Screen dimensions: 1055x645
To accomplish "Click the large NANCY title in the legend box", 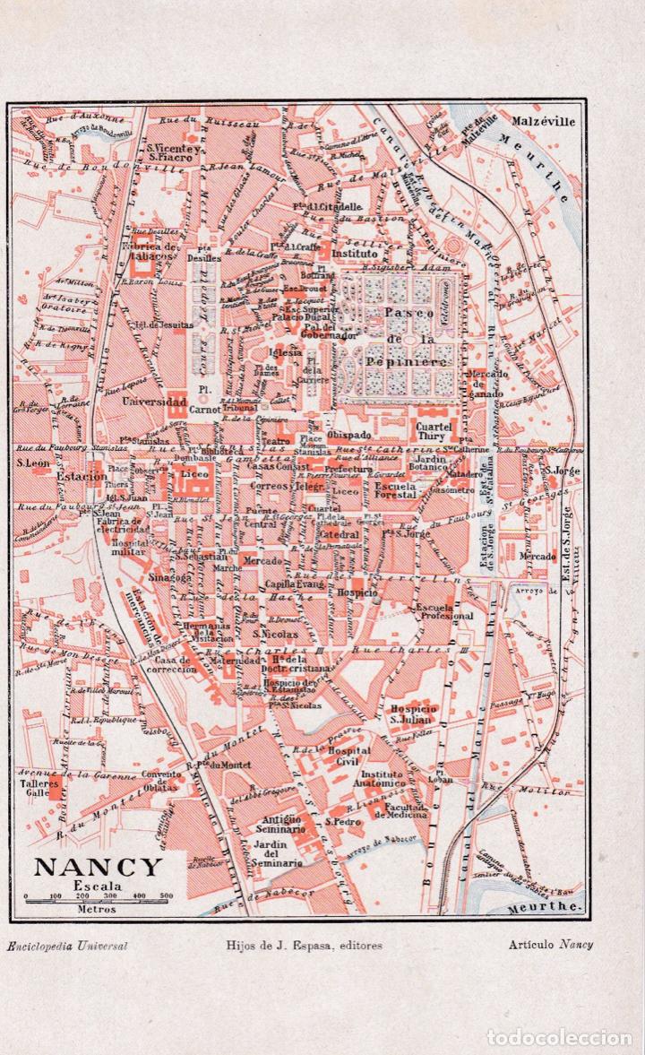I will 99,867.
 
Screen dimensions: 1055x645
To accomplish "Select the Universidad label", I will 155,402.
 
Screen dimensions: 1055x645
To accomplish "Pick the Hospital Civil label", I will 348,756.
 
